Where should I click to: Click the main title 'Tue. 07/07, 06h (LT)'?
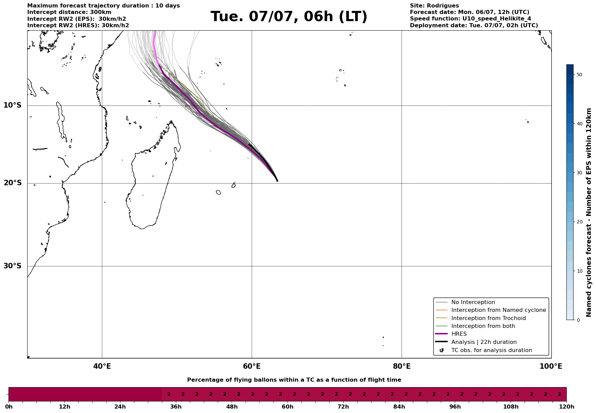pos(289,17)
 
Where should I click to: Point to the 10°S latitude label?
pos(12,105)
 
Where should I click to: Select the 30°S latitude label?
pos(12,266)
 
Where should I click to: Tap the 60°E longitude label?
pos(252,366)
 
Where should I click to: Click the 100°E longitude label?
pos(551,366)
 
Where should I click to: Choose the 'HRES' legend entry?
pos(459,334)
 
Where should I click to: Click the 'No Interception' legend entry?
pos(473,302)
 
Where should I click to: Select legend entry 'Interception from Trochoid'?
pos(489,318)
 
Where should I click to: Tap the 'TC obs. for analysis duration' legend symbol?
pos(442,350)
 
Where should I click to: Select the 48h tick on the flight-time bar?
pos(232,407)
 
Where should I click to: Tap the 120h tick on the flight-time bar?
pos(566,407)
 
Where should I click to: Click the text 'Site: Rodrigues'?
pos(434,6)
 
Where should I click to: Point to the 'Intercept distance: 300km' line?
pos(69,12)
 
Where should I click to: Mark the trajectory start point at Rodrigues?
pos(277,181)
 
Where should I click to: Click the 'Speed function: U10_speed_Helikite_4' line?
pos(470,19)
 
